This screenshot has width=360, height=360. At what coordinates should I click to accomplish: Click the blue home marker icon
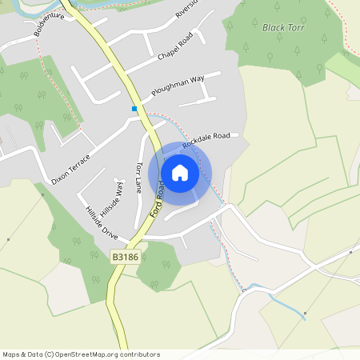(x=180, y=173)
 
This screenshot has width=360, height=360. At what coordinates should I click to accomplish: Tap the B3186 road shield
(x=125, y=257)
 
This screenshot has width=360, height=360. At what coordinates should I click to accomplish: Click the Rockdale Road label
(x=206, y=140)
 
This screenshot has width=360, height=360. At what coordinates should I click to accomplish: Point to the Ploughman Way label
(x=178, y=86)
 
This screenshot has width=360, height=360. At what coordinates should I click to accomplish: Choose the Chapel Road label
(x=177, y=47)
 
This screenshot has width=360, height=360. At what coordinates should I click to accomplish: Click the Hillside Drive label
(x=101, y=222)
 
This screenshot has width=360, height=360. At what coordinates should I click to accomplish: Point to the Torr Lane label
(x=139, y=178)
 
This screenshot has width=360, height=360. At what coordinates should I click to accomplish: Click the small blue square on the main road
(x=134, y=108)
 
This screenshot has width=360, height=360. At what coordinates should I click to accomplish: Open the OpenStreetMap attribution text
(x=82, y=354)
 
